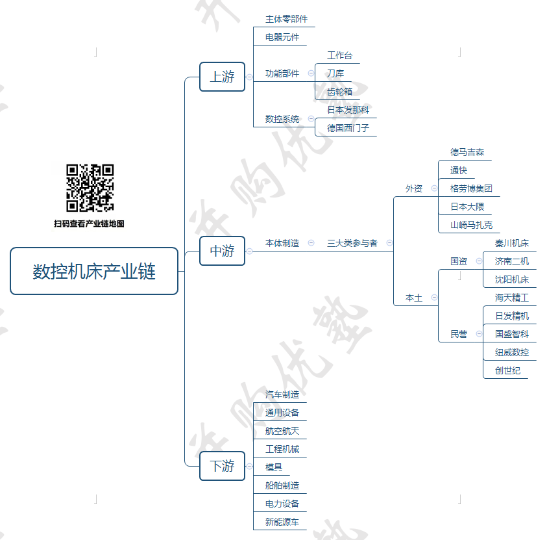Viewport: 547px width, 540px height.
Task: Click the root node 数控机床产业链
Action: click(x=94, y=271)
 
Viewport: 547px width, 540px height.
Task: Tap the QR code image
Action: click(x=90, y=188)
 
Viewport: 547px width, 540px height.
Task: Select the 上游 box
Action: click(x=222, y=77)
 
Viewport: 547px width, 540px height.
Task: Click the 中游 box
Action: click(x=222, y=251)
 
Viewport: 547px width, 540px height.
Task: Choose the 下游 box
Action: click(x=222, y=466)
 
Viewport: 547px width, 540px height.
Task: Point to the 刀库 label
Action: click(x=335, y=73)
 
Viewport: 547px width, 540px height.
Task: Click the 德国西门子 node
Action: click(x=348, y=128)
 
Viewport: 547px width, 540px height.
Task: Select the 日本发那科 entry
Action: click(x=348, y=110)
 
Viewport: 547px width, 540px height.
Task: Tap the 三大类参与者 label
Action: click(x=352, y=243)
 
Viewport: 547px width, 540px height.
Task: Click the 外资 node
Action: click(x=414, y=188)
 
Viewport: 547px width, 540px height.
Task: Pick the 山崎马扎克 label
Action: click(x=471, y=225)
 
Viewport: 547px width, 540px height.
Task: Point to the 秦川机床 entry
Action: click(x=511, y=243)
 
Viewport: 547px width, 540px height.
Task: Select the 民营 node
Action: click(x=459, y=334)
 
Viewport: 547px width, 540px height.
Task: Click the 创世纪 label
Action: click(x=507, y=370)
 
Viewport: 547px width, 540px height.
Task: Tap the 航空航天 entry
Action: click(x=282, y=431)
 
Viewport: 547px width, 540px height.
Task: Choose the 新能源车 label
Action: click(x=282, y=522)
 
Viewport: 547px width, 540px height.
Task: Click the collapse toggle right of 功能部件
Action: click(x=311, y=74)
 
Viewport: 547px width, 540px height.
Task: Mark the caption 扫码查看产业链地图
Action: click(x=89, y=224)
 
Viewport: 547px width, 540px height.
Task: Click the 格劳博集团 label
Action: click(x=471, y=188)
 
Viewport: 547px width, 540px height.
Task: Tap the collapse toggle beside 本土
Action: click(x=434, y=298)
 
